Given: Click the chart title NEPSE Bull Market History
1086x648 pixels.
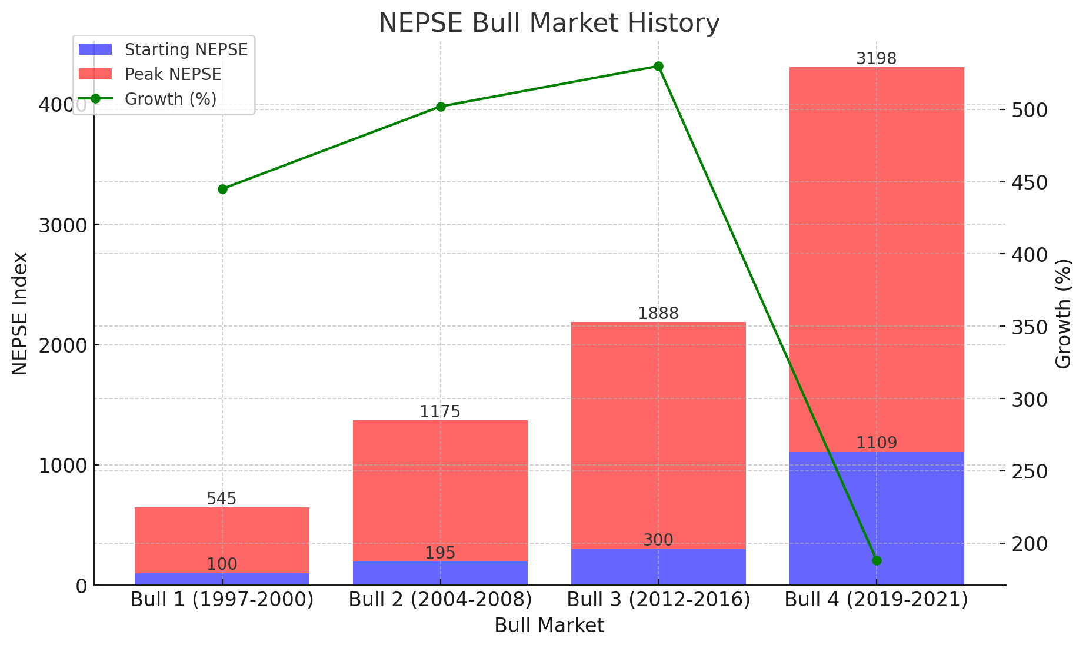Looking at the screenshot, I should [548, 24].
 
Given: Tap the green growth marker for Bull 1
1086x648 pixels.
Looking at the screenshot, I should [222, 189].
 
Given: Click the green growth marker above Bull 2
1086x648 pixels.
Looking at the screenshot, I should [441, 107].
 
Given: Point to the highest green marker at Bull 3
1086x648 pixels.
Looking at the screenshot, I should [659, 66].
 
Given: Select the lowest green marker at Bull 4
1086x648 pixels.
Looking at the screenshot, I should [877, 560].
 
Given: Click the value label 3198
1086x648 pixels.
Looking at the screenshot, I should [876, 59].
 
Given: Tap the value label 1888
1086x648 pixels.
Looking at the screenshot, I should [658, 314].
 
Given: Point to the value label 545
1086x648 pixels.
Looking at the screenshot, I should [222, 499].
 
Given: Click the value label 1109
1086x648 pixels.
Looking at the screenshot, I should [877, 443].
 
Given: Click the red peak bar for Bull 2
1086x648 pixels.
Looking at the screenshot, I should [440, 489].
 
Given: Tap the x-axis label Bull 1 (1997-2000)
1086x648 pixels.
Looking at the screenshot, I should [222, 600].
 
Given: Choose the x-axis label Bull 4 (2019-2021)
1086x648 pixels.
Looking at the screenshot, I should [877, 600].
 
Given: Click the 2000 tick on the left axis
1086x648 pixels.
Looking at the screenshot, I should [62, 345].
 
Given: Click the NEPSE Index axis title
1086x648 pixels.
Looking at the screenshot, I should [21, 313].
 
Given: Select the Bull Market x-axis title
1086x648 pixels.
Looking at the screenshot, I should [549, 626].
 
